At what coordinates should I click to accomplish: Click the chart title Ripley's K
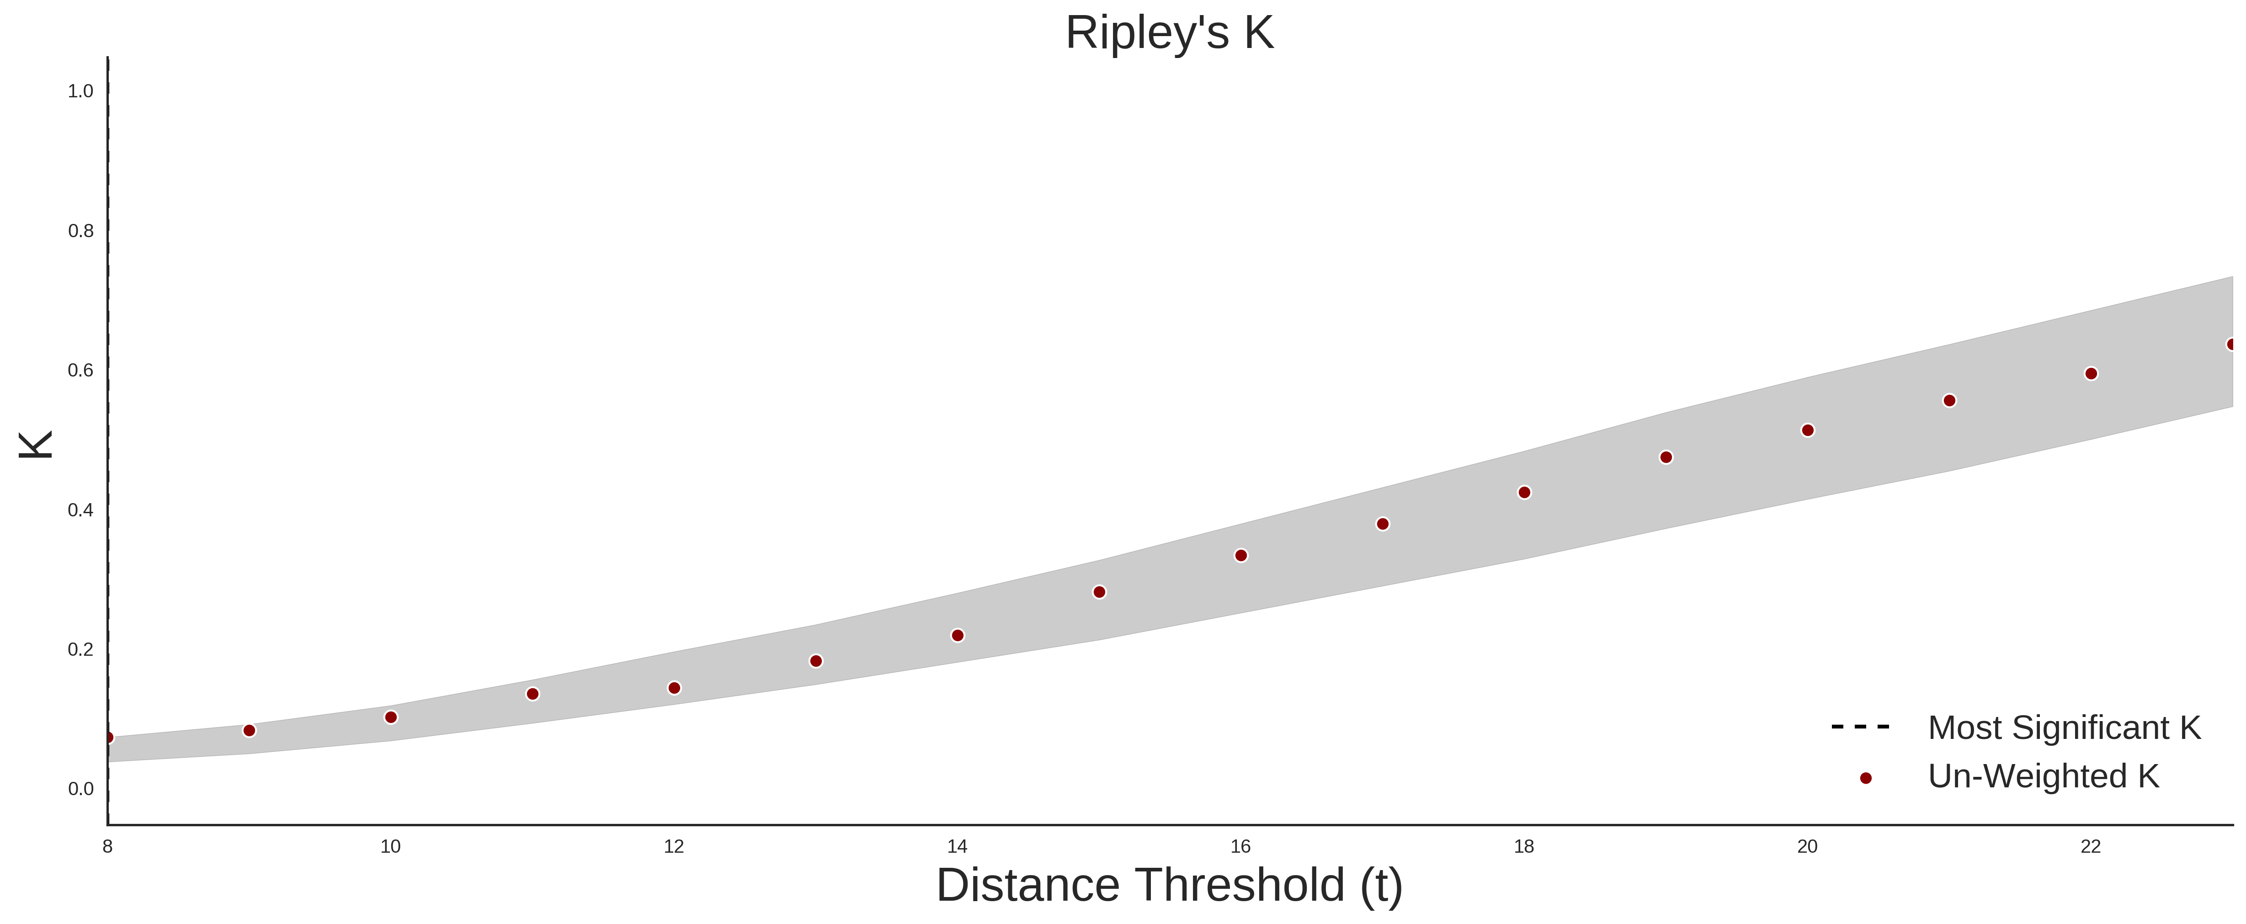1169,33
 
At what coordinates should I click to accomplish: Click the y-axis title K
37,445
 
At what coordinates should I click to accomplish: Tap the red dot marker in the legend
1865,778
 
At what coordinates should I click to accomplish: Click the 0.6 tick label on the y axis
80,371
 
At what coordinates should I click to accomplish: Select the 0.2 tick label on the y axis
80,649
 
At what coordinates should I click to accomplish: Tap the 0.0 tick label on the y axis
80,789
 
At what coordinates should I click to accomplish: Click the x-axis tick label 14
958,846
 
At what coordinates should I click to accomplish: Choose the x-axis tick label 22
2091,846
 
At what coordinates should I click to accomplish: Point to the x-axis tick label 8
107,846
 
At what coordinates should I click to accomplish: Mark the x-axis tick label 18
1524,846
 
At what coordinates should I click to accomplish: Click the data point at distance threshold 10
391,717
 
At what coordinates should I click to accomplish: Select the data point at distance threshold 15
1099,592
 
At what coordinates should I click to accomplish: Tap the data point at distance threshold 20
1807,430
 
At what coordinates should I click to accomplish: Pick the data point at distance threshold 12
674,688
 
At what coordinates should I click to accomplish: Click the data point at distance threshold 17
1383,524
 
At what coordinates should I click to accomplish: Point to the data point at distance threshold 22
2091,373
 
